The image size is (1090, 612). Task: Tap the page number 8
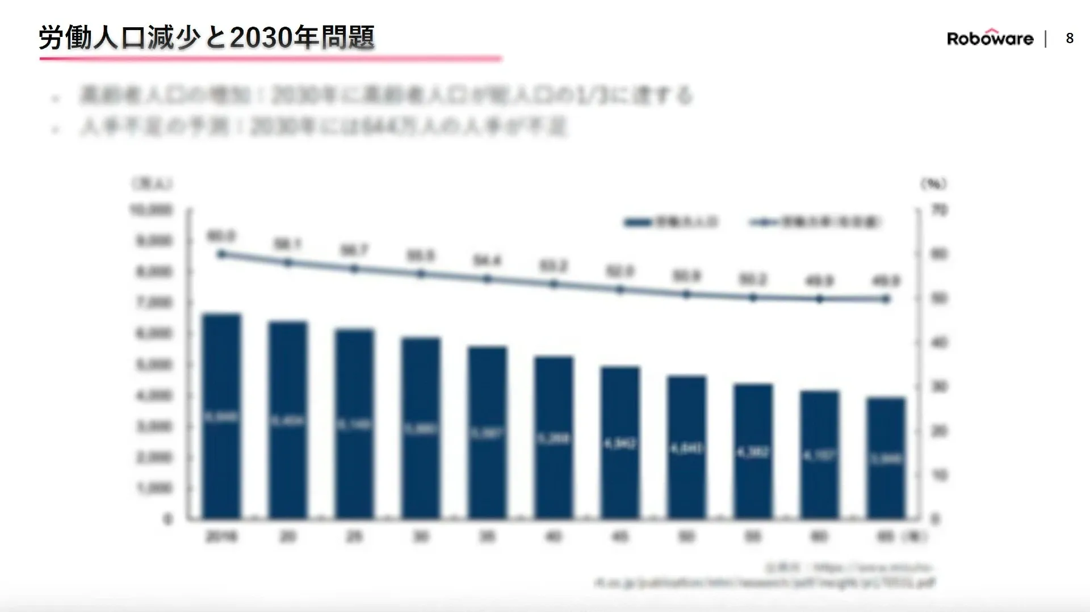tap(1070, 38)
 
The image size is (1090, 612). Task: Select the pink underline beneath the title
tap(270, 58)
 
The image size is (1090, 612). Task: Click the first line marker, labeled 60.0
tap(222, 254)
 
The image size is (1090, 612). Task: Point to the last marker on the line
tap(886, 299)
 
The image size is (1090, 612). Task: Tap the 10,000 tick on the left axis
tap(151, 210)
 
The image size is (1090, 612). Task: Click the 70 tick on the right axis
tap(940, 210)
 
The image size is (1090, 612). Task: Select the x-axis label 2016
tap(222, 536)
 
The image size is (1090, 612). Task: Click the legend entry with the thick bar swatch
tap(671, 222)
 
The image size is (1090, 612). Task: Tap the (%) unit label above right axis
tap(933, 183)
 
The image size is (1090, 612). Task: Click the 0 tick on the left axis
tap(167, 519)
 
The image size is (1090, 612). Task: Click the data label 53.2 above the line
tap(554, 266)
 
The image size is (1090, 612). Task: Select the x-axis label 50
tap(686, 536)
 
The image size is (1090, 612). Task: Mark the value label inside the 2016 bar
tap(222, 417)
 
